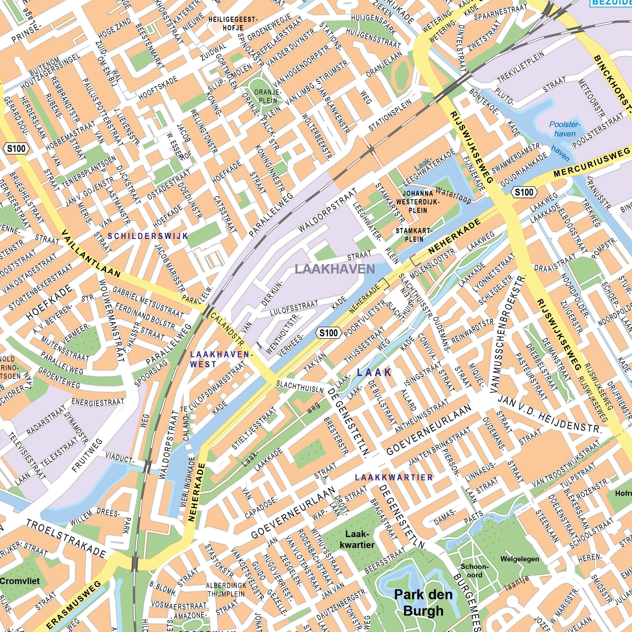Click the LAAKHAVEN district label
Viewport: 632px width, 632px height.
click(x=334, y=269)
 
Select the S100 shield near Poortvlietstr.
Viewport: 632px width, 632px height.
click(x=328, y=333)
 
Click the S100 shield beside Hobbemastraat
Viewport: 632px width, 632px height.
click(x=16, y=149)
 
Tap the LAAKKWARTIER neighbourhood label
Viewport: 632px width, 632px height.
click(x=394, y=478)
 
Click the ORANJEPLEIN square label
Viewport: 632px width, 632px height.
click(x=267, y=96)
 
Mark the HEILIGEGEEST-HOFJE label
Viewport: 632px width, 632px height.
click(x=233, y=24)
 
